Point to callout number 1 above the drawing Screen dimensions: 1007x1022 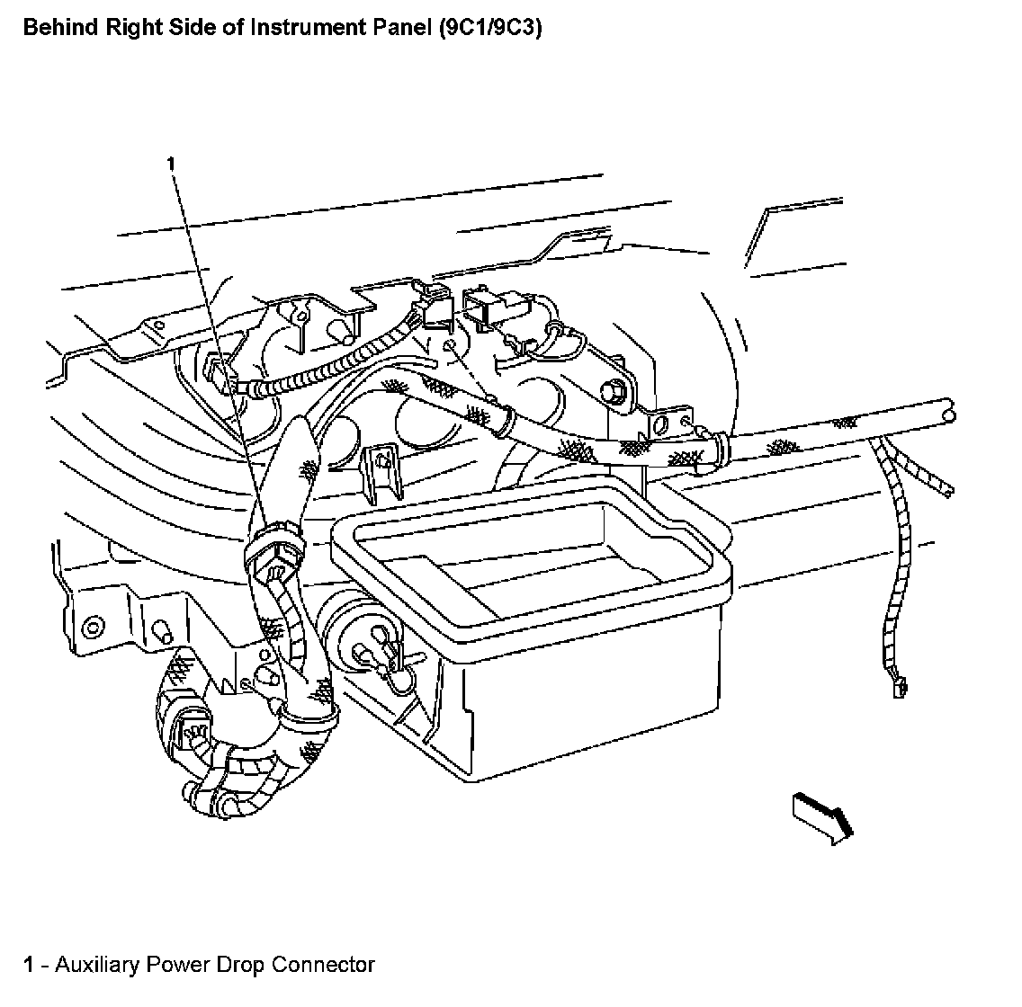coord(170,163)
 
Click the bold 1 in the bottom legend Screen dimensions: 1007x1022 coord(30,965)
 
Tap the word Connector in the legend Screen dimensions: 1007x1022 coord(323,965)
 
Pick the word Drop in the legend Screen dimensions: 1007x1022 coord(242,965)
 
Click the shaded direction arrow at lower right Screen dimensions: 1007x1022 coord(820,815)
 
